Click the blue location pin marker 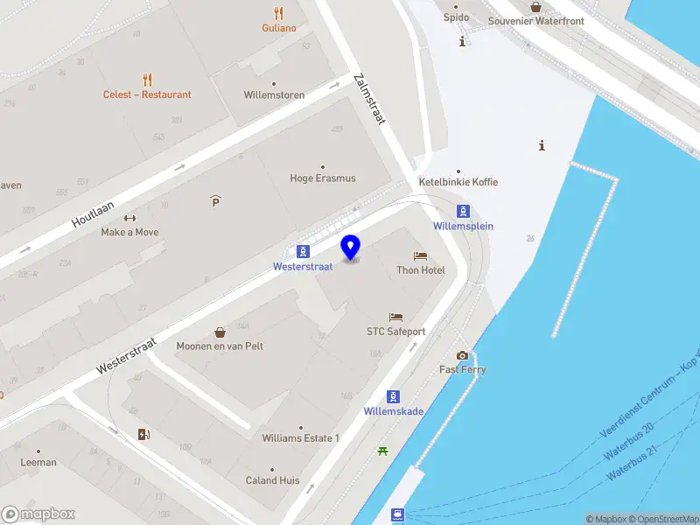pos(351,247)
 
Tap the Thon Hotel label pos(421,270)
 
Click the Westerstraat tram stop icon pos(302,250)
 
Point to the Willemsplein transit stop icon pos(463,211)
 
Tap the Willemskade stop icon pos(393,396)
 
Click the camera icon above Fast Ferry pos(462,355)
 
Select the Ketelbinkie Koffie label pos(458,182)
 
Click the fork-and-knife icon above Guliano pos(278,13)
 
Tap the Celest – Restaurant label pos(147,94)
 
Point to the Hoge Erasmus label pos(323,178)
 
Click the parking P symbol pos(215,202)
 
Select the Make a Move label pos(129,232)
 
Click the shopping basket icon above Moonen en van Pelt pos(220,332)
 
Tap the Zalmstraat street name pos(369,99)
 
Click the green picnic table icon pos(382,451)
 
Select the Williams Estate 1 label pos(300,437)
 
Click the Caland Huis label pos(272,480)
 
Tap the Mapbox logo pos(38,514)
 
